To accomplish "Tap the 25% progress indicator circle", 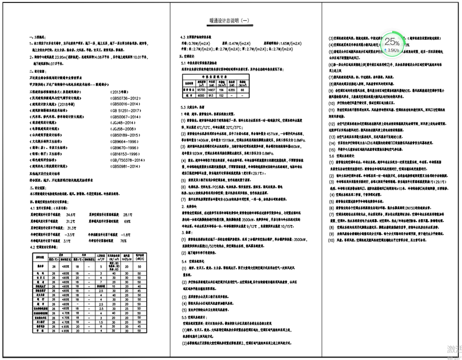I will (391, 42).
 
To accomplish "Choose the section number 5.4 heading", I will (184, 261).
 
